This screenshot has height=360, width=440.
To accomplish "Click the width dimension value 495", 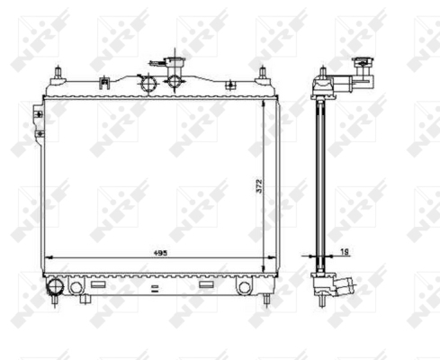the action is pyautogui.click(x=160, y=253).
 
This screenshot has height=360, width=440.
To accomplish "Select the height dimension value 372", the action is pyautogui.click(x=259, y=186).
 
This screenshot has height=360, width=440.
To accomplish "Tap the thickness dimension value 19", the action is pyautogui.click(x=346, y=252).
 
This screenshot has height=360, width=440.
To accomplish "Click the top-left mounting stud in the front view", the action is pyautogui.click(x=58, y=73).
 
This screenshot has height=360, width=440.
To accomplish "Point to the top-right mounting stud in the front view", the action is pyautogui.click(x=263, y=73).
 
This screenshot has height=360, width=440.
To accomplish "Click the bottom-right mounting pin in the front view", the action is pyautogui.click(x=266, y=300).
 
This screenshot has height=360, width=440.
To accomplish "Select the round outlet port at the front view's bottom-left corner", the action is pyautogui.click(x=56, y=286).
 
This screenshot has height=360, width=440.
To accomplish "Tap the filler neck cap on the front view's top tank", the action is pyautogui.click(x=174, y=62).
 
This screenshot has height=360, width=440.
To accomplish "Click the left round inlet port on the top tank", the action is pyautogui.click(x=148, y=84).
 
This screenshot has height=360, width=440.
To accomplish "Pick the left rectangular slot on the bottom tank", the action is pyautogui.click(x=98, y=284).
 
